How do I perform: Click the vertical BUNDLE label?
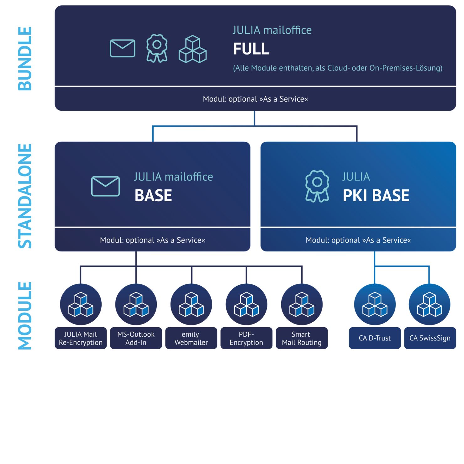tap(25, 59)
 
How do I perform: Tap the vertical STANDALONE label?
tap(25, 196)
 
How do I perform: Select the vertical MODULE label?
tap(25, 315)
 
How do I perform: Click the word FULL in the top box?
tap(251, 49)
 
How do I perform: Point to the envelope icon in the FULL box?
tap(123, 48)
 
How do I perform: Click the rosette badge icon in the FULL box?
tap(157, 48)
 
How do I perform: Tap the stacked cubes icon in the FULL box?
tap(192, 49)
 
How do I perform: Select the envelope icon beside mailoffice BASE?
tap(105, 186)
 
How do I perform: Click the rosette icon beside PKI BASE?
tap(317, 186)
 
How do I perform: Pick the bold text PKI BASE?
tap(376, 196)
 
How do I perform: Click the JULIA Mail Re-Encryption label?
tap(81, 338)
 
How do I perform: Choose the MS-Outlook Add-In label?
tap(136, 338)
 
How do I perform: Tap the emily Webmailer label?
tap(191, 338)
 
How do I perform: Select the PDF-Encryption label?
tap(246, 338)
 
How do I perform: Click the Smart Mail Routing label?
tap(302, 338)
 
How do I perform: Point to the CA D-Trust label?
tap(375, 338)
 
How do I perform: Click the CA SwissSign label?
tap(430, 338)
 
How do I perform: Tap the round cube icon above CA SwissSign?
tap(429, 304)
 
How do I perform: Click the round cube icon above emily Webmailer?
tap(191, 304)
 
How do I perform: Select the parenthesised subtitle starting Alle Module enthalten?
tap(338, 68)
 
